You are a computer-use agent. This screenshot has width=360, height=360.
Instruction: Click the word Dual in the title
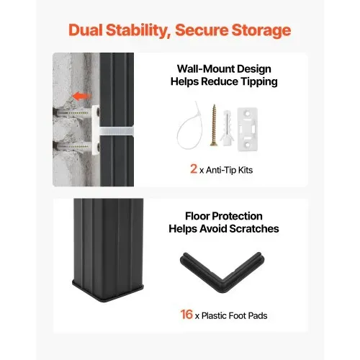tap(86, 30)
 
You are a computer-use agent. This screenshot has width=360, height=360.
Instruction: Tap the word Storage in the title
tap(261, 30)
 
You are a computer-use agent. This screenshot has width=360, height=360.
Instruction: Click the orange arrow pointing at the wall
tap(82, 96)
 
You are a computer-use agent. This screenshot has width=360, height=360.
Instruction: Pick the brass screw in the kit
tap(214, 125)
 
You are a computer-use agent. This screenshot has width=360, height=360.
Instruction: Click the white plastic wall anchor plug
tap(227, 128)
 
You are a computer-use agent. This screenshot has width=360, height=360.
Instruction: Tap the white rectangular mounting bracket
tap(248, 130)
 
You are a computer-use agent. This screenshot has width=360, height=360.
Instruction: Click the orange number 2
tap(194, 168)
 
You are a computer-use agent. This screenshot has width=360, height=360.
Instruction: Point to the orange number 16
tap(186, 314)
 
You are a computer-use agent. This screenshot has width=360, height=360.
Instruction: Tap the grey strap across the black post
tap(117, 132)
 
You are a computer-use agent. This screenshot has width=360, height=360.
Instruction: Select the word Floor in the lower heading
tap(197, 216)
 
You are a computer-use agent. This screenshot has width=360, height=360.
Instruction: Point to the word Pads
tap(258, 315)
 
